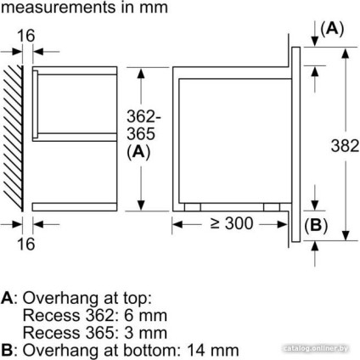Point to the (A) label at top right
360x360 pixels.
point(332,29)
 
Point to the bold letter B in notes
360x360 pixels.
point(7,349)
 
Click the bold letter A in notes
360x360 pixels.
point(7,299)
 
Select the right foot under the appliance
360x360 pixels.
point(271,206)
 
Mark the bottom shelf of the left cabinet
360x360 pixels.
point(74,206)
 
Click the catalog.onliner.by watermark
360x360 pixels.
point(319,349)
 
